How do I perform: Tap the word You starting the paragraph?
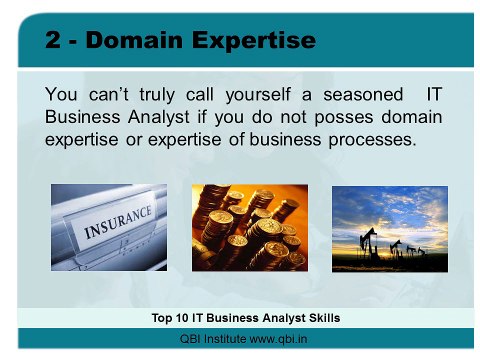point(63,93)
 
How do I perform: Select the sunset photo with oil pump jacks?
point(389,228)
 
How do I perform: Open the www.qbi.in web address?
point(279,339)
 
